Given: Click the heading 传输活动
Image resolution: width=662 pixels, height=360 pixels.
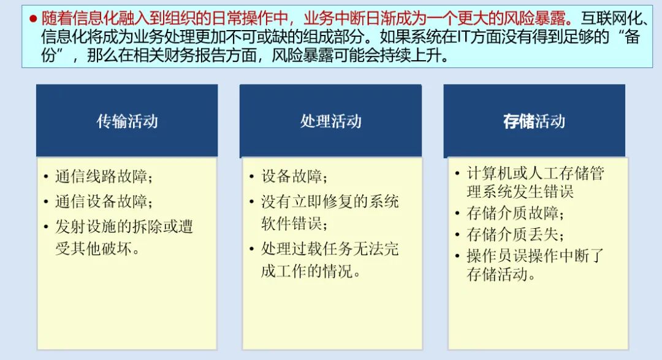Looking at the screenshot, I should (127, 121).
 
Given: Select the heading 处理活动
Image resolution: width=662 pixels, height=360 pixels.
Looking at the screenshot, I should (330, 121).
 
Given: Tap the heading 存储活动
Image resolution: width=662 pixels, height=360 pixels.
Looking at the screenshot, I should (534, 121).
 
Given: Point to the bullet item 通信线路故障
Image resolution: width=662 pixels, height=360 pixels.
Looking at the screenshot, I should (103, 177).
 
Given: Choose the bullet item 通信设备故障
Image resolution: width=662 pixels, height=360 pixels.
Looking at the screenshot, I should (103, 202).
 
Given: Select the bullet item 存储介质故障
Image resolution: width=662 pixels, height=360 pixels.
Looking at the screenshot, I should (515, 213).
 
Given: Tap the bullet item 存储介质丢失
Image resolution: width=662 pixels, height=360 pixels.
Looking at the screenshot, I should (515, 234).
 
